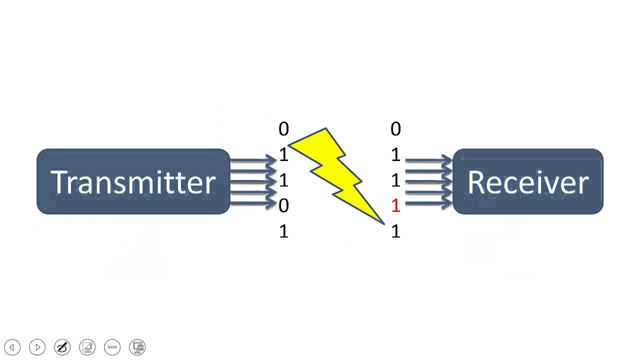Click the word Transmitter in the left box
pyautogui.click(x=133, y=182)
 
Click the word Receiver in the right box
pyautogui.click(x=527, y=182)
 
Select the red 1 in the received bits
pyautogui.click(x=395, y=205)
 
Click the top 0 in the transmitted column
pyautogui.click(x=283, y=129)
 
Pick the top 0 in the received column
pyautogui.click(x=395, y=129)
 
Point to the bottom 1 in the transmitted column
pyautogui.click(x=283, y=231)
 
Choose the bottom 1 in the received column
pyautogui.click(x=395, y=231)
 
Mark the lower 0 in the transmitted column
pyautogui.click(x=283, y=205)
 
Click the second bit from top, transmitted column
pyautogui.click(x=283, y=155)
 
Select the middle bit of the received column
pyautogui.click(x=395, y=180)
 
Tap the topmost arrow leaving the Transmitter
pyautogui.click(x=252, y=160)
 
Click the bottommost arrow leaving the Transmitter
pyautogui.click(x=252, y=203)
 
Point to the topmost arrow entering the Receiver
pyautogui.click(x=428, y=160)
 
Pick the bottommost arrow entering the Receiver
pyautogui.click(x=428, y=203)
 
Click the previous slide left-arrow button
pyautogui.click(x=12, y=347)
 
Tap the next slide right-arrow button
pyautogui.click(x=37, y=347)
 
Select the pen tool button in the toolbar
pyautogui.click(x=62, y=347)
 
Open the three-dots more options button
pyautogui.click(x=112, y=347)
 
